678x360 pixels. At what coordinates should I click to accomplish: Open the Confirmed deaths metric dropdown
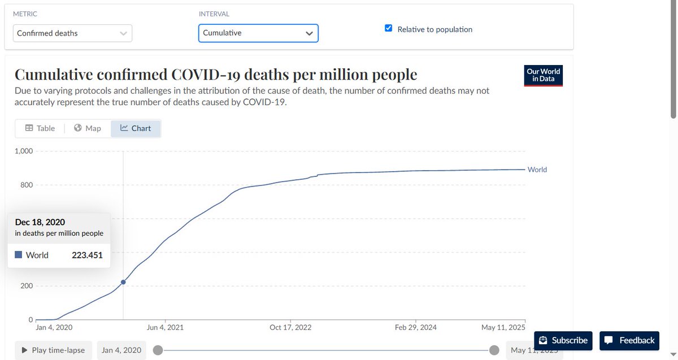click(72, 33)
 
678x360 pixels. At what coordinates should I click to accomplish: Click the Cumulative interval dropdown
click(258, 33)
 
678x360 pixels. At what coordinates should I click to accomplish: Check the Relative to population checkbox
click(388, 29)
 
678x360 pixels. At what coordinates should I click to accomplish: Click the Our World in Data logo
click(543, 75)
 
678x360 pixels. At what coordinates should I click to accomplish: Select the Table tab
click(40, 128)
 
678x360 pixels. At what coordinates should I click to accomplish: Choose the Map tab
click(88, 128)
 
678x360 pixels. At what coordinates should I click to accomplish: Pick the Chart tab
click(136, 128)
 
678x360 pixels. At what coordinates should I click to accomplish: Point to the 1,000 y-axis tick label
click(24, 151)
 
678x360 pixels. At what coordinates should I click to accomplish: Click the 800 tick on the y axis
click(27, 185)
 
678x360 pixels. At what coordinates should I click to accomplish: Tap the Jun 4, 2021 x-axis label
click(164, 327)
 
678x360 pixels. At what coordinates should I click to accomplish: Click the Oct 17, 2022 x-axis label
click(290, 327)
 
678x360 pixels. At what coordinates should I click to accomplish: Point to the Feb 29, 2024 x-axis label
click(416, 327)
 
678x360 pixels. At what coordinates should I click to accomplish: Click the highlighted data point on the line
click(123, 282)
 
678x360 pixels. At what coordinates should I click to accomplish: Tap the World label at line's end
click(537, 170)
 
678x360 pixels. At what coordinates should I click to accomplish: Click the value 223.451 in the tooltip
click(87, 255)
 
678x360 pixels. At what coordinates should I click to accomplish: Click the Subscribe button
click(563, 340)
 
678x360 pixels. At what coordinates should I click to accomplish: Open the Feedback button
click(629, 340)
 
